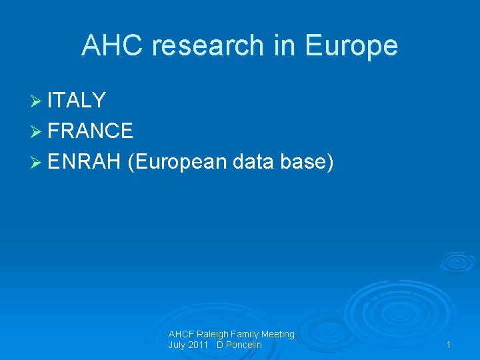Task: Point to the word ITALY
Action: point(77,101)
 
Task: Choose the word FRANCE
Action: point(90,131)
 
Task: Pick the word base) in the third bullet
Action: point(308,161)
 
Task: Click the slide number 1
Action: point(449,345)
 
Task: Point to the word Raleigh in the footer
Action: point(212,334)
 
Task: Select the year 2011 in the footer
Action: point(197,345)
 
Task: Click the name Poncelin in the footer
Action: point(243,345)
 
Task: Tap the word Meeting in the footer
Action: point(278,334)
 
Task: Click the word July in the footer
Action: point(177,345)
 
